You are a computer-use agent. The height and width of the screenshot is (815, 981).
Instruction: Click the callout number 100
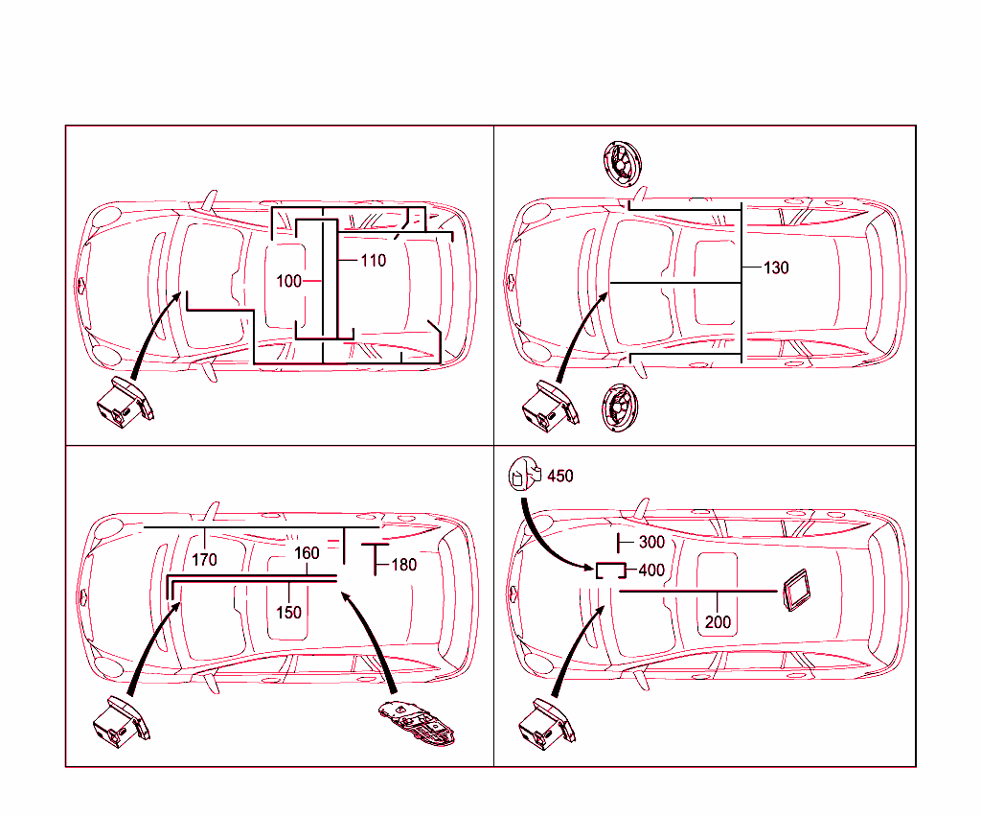(288, 281)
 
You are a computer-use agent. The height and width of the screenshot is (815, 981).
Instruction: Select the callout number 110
(374, 260)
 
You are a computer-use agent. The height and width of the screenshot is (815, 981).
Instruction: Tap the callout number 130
(776, 268)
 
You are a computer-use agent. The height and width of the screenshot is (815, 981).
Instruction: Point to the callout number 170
(204, 559)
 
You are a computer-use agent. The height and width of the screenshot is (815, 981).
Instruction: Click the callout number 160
(307, 553)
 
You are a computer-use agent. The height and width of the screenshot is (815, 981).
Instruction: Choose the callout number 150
(288, 612)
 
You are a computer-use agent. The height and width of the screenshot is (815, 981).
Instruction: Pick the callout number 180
(404, 565)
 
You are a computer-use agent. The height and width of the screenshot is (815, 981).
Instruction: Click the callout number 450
(560, 476)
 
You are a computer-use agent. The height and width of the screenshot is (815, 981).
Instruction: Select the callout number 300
(651, 543)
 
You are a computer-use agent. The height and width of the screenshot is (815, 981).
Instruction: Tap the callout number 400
(651, 570)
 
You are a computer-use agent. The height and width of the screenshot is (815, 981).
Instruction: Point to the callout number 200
(718, 622)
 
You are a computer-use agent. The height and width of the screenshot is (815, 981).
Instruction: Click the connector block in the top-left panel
(123, 403)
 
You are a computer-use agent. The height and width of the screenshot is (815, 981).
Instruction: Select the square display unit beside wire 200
(796, 589)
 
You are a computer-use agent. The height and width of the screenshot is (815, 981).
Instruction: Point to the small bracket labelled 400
(610, 570)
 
